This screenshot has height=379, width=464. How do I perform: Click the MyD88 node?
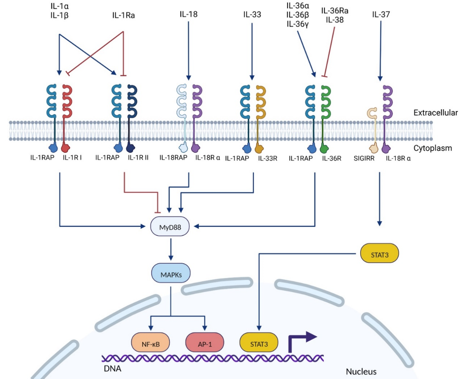170,227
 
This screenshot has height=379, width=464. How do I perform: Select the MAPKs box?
171,274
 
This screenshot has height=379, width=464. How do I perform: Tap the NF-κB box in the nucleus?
151,344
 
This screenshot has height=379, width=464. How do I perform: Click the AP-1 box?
205,344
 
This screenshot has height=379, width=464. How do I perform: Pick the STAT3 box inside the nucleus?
259,344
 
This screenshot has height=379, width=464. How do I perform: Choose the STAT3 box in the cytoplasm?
379,254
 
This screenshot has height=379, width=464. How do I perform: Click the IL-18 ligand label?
188,14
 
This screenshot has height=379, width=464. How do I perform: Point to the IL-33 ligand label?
252,14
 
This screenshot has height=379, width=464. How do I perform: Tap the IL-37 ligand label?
381,14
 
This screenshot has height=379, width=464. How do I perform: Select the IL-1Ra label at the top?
124,15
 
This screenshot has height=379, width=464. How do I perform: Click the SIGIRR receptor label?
364,158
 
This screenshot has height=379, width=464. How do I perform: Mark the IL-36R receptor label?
332,158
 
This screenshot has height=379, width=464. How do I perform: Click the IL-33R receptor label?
268,158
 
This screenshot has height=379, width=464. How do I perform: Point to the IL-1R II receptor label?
138,158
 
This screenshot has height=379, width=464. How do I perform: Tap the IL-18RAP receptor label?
173,158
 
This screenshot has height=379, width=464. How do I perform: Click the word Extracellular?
435,113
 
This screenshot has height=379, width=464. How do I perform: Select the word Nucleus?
361,371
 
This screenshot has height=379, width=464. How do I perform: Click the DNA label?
113,368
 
